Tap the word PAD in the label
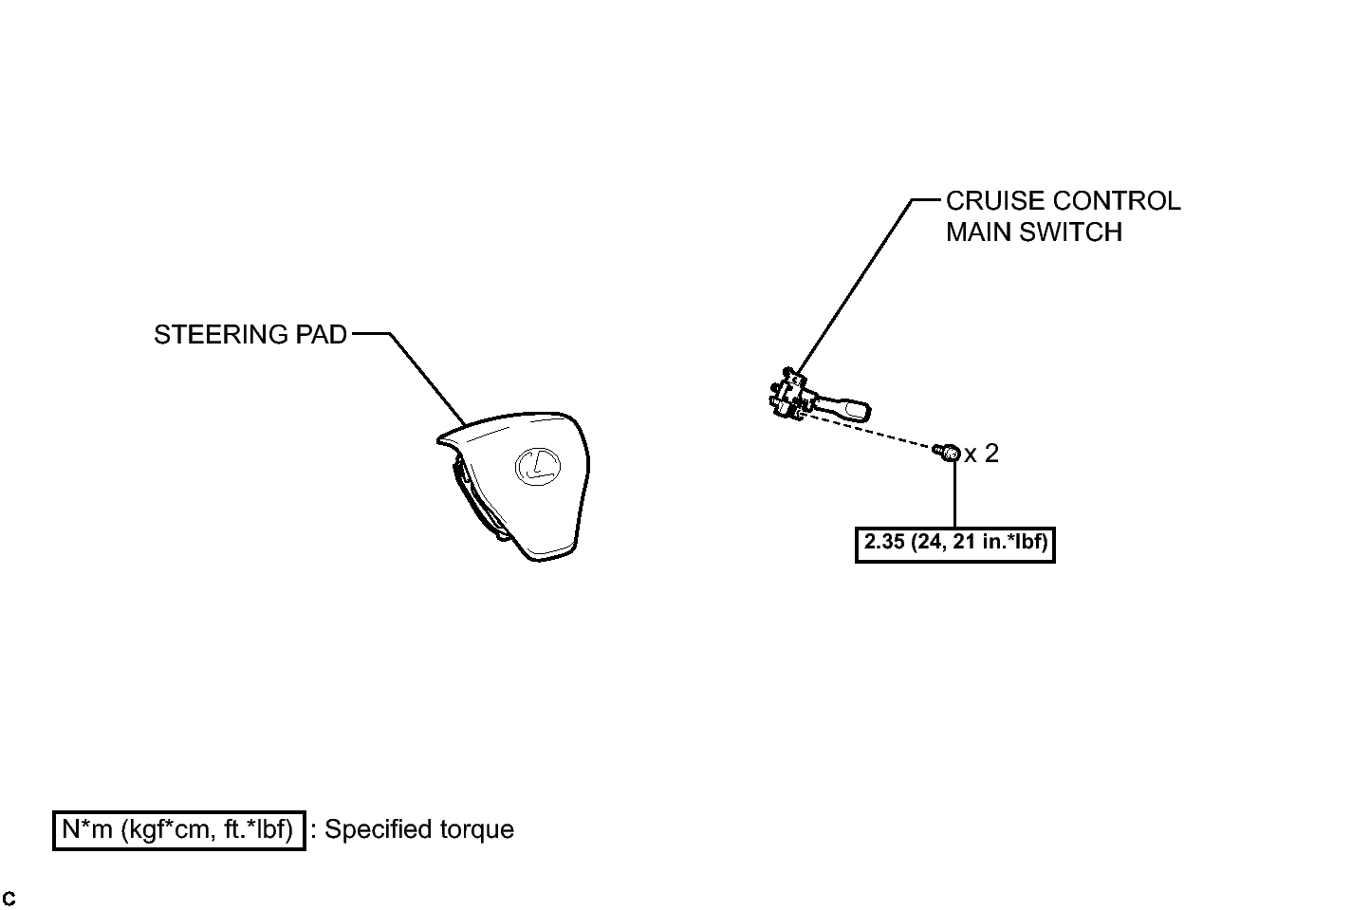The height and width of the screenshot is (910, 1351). tap(322, 335)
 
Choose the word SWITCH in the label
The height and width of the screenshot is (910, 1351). tap(1070, 232)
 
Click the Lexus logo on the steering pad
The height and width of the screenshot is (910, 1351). tap(537, 466)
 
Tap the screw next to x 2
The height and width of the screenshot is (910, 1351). tap(946, 453)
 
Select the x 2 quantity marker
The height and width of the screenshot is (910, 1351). tap(982, 454)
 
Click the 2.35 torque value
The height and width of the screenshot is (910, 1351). tap(884, 542)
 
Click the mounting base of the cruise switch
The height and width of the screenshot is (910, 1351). tap(789, 394)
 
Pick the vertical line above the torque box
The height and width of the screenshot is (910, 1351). tap(954, 494)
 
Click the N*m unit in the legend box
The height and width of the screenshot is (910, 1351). tap(87, 829)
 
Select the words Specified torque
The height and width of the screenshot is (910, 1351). tap(419, 829)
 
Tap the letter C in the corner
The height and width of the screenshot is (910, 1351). tap(9, 899)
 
